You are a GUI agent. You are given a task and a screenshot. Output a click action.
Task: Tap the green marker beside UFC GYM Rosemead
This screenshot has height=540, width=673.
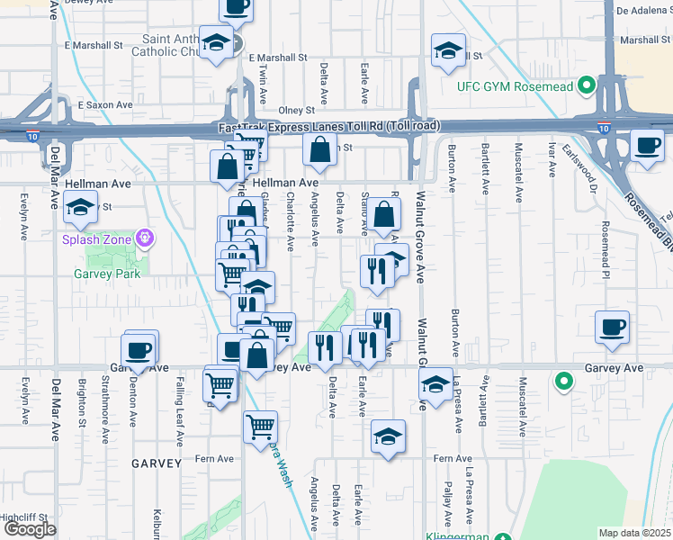tap(587, 86)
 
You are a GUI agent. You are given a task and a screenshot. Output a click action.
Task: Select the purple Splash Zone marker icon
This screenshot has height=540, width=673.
tap(144, 238)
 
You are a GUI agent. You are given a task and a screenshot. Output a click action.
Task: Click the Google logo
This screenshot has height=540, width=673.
tap(30, 529)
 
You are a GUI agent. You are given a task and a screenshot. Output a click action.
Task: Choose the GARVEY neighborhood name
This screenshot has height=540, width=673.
tap(157, 463)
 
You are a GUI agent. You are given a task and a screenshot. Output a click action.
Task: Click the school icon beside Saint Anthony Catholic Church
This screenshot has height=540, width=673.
tap(216, 42)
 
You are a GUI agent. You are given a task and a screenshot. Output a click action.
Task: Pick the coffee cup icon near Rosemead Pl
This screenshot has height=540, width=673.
tap(612, 327)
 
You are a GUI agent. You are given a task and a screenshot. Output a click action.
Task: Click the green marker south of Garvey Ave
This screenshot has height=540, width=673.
tap(564, 382)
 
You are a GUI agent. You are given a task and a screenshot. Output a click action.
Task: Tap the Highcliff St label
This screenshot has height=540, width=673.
tap(23, 517)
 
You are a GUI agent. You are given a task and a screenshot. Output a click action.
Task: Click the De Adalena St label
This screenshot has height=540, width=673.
tap(642, 11)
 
